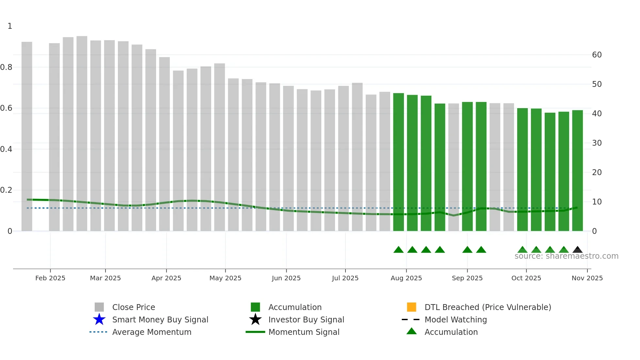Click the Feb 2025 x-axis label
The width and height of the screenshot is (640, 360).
50,278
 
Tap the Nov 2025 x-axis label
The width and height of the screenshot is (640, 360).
587,278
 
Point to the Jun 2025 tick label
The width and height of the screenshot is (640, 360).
286,278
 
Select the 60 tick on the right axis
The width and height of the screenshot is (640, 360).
597,55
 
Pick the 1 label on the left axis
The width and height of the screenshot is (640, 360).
10,26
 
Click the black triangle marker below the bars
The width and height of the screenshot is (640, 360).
577,250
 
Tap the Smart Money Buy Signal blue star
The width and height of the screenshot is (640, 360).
99,319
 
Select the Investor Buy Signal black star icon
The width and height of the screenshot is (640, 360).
255,319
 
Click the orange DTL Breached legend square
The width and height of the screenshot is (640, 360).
411,307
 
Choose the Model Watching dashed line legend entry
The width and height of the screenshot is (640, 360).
410,319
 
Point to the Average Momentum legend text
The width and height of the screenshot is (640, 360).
152,332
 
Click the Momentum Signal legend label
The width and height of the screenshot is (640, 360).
304,332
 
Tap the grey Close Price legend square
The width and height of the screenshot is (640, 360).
99,307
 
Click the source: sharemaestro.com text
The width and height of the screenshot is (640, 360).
566,256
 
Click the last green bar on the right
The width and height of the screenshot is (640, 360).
577,170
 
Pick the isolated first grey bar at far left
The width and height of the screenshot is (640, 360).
27,137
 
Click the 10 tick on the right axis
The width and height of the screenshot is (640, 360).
597,202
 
